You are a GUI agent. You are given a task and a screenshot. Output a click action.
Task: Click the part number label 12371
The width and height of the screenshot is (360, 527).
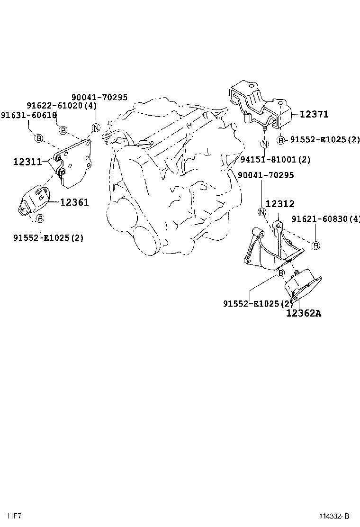click(314, 114)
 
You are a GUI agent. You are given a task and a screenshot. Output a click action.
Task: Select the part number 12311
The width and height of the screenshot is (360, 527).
click(27, 162)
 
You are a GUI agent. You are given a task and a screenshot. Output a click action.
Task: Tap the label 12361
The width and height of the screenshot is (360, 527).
click(74, 202)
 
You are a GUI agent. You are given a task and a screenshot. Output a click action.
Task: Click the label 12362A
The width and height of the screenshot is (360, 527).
click(303, 313)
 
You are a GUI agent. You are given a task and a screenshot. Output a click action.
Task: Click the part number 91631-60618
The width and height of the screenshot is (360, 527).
click(28, 115)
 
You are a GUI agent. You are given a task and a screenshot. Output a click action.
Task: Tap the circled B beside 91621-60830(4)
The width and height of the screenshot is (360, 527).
click(316, 245)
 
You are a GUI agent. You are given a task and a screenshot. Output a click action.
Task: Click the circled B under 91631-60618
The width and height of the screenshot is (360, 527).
click(39, 138)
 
